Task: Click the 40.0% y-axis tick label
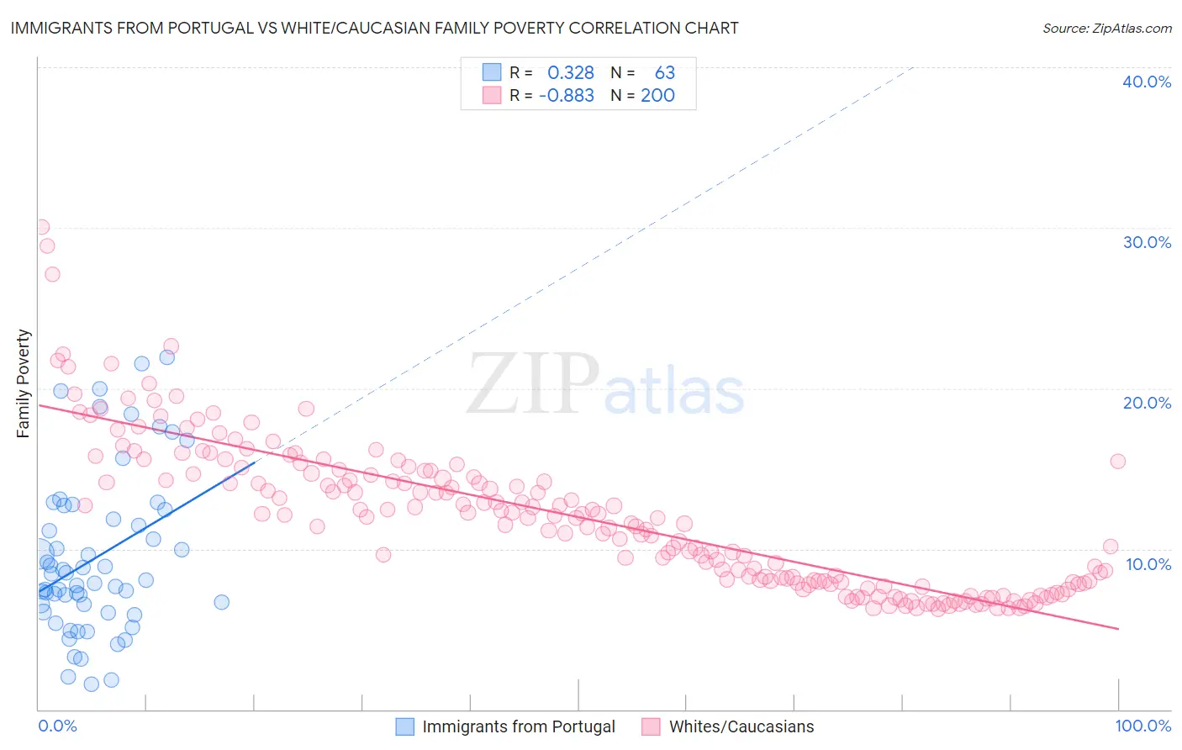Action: pos(1147,82)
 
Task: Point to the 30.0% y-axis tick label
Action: pos(1147,242)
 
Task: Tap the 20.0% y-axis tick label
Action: pos(1147,403)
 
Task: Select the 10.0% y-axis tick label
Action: pos(1148,564)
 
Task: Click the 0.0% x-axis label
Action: pos(57,726)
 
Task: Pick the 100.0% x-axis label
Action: pos(1142,726)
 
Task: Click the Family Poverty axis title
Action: pos(24,383)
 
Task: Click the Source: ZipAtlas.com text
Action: pos(1106,28)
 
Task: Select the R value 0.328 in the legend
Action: pos(571,73)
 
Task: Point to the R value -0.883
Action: pos(567,96)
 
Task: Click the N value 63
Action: pos(665,73)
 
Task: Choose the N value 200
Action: pos(657,96)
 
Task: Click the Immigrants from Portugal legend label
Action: pos(519,726)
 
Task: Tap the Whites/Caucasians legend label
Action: pos(741,726)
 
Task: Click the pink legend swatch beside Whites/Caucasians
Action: pos(651,726)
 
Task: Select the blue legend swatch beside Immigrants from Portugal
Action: pos(404,726)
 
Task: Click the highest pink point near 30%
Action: pos(41,227)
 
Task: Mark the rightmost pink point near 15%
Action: pos(1117,461)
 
